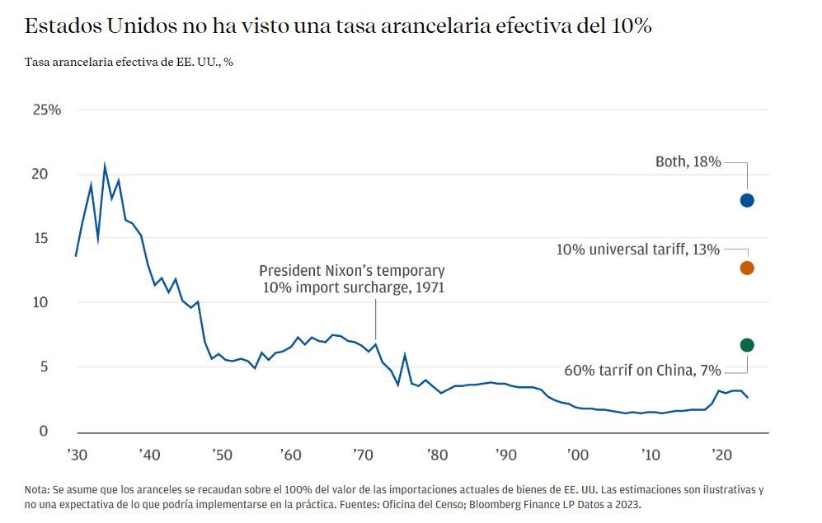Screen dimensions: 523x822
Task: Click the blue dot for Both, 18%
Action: click(747, 200)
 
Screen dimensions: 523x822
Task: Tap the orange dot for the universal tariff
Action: click(747, 268)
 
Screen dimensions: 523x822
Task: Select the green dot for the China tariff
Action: click(747, 345)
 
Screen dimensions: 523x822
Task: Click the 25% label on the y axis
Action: click(46, 110)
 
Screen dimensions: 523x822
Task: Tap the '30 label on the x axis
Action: click(76, 455)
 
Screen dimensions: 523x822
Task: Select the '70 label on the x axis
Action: click(364, 455)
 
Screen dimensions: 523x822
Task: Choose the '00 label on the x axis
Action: click(579, 455)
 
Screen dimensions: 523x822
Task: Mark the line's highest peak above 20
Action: click(104, 165)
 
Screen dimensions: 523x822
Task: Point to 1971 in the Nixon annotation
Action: click(428, 287)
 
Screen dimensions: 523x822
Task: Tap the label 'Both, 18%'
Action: click(688, 162)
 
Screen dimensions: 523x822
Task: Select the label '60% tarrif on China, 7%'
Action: click(641, 370)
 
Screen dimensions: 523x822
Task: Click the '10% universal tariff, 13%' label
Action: click(638, 250)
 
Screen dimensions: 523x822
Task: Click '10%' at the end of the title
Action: click(631, 26)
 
